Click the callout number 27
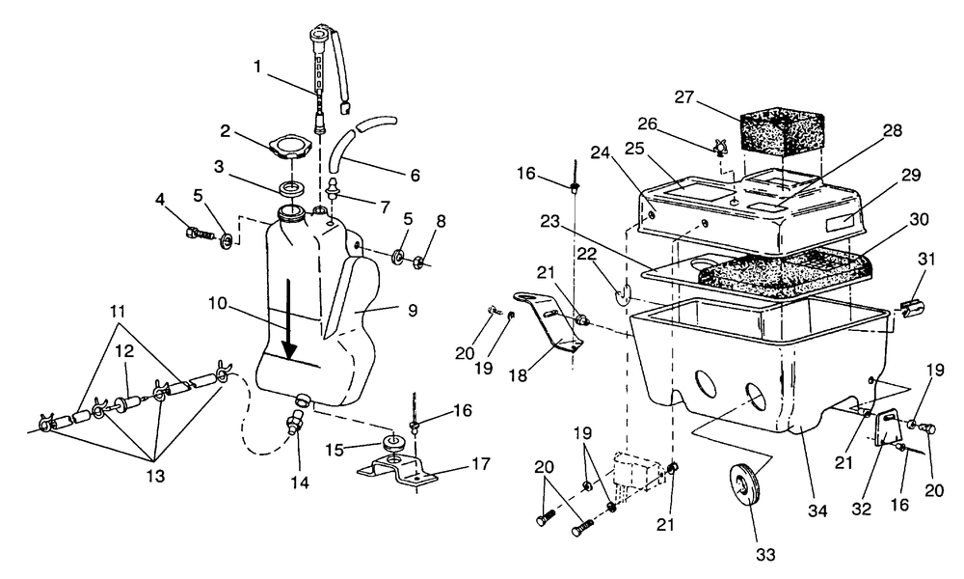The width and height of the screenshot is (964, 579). (684, 97)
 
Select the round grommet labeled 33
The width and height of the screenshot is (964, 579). (749, 484)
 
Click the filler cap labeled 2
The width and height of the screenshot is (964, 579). (291, 148)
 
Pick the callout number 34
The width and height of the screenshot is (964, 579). (817, 511)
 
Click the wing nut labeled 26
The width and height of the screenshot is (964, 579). (720, 148)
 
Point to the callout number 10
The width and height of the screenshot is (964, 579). (218, 303)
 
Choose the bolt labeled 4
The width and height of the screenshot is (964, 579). (199, 235)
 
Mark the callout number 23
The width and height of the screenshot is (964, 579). (550, 221)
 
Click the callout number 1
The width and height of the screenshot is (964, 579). (257, 67)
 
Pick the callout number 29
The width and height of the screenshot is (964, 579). (912, 176)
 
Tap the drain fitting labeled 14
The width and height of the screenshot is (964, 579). (295, 424)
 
